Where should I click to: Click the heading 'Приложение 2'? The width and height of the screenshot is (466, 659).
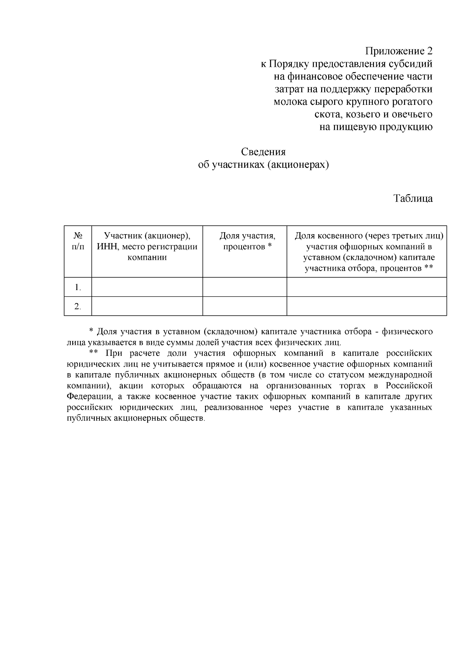(x=398, y=51)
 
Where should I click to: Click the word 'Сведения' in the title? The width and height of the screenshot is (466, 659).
(x=263, y=151)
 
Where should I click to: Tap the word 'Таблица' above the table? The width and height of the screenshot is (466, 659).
(x=413, y=198)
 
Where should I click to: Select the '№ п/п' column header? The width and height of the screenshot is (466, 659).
(x=78, y=241)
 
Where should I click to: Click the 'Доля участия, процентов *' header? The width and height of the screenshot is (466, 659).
(x=247, y=241)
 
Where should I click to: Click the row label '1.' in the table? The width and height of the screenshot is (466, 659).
(x=78, y=287)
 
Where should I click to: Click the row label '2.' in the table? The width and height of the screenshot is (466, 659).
(x=78, y=306)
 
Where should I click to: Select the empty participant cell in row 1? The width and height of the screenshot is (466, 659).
(x=147, y=287)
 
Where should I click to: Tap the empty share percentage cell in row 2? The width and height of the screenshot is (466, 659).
(x=245, y=306)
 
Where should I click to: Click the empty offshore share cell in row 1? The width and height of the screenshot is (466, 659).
(x=367, y=287)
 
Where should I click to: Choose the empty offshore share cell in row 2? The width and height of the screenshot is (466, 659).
(x=367, y=306)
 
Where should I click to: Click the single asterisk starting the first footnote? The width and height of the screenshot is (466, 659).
(x=91, y=331)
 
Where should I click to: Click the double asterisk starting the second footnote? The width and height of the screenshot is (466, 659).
(x=93, y=353)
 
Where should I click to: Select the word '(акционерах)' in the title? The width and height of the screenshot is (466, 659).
(x=298, y=165)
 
